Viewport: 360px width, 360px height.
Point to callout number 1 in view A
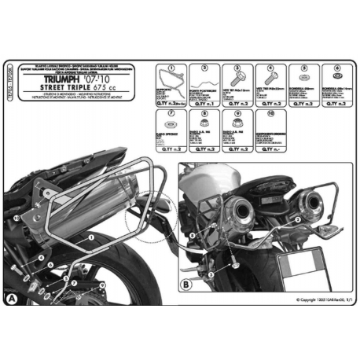pos(92,236)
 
